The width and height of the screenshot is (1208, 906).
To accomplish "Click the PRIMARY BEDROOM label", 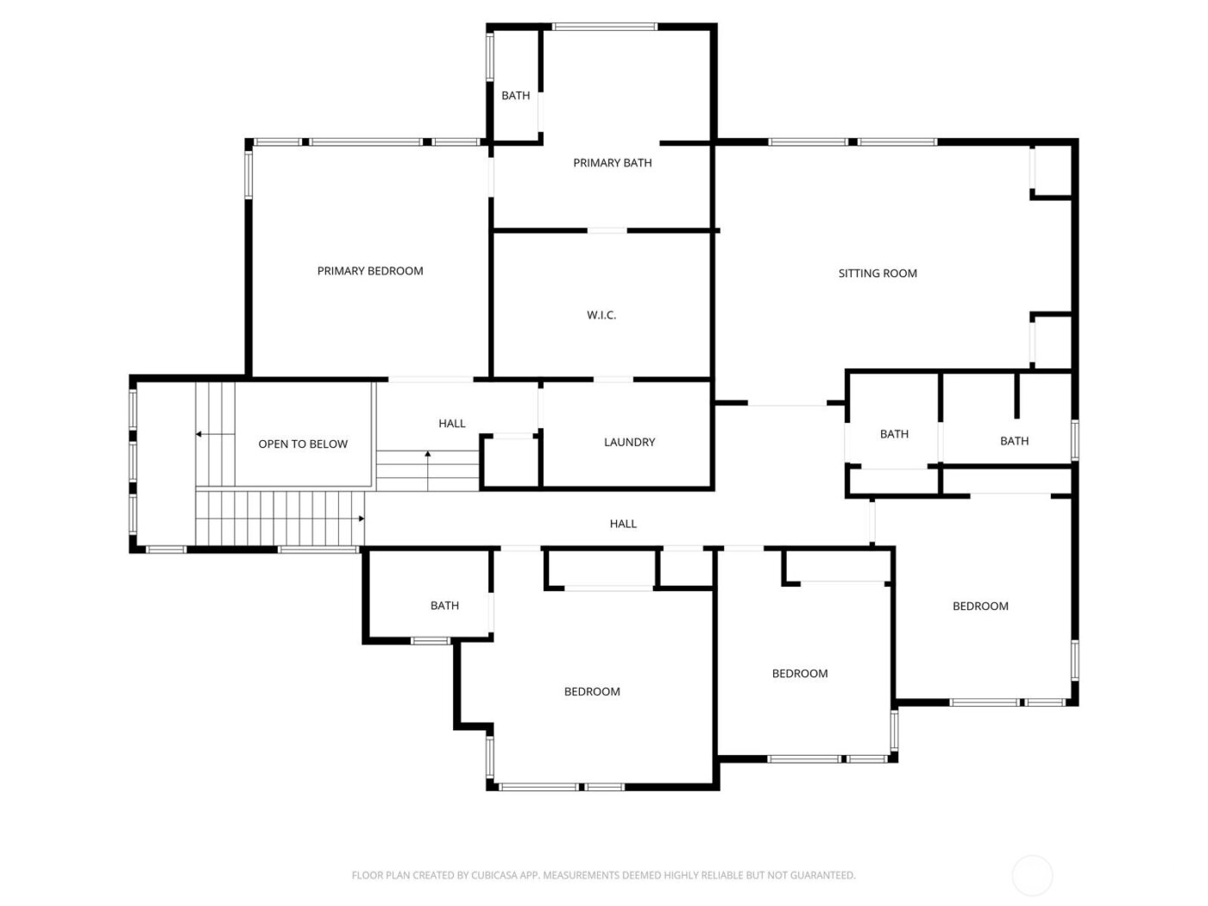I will click(x=370, y=271).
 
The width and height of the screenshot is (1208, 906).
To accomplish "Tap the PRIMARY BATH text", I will click(x=613, y=163).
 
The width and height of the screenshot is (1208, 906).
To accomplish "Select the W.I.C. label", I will click(x=601, y=316).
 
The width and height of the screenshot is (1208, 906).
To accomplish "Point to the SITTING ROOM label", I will click(x=878, y=274).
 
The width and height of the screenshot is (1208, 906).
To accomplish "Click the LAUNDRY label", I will click(x=629, y=443).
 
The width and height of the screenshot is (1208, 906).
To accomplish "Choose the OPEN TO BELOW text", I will click(x=303, y=444).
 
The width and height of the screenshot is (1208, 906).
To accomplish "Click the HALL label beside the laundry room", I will click(x=452, y=424).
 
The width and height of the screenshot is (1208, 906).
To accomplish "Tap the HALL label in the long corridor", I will click(x=623, y=524).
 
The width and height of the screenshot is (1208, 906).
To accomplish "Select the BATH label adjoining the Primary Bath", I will click(x=516, y=96).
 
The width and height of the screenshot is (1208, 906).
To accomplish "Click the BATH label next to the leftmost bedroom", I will click(x=444, y=606).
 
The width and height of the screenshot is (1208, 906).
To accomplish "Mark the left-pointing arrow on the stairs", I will click(x=200, y=434).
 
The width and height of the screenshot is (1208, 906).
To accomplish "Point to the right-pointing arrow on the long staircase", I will click(x=360, y=519).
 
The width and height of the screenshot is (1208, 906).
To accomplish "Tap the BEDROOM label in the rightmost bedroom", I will click(x=980, y=607).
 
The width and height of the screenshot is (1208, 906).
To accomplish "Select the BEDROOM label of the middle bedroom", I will click(x=800, y=674).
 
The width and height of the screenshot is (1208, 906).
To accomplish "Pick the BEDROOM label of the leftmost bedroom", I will click(x=592, y=692).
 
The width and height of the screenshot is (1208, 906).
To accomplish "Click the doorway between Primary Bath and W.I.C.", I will click(x=607, y=230).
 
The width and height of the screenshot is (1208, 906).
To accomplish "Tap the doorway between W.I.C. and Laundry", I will click(x=613, y=380).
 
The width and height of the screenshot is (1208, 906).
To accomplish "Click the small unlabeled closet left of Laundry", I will click(x=509, y=463).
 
